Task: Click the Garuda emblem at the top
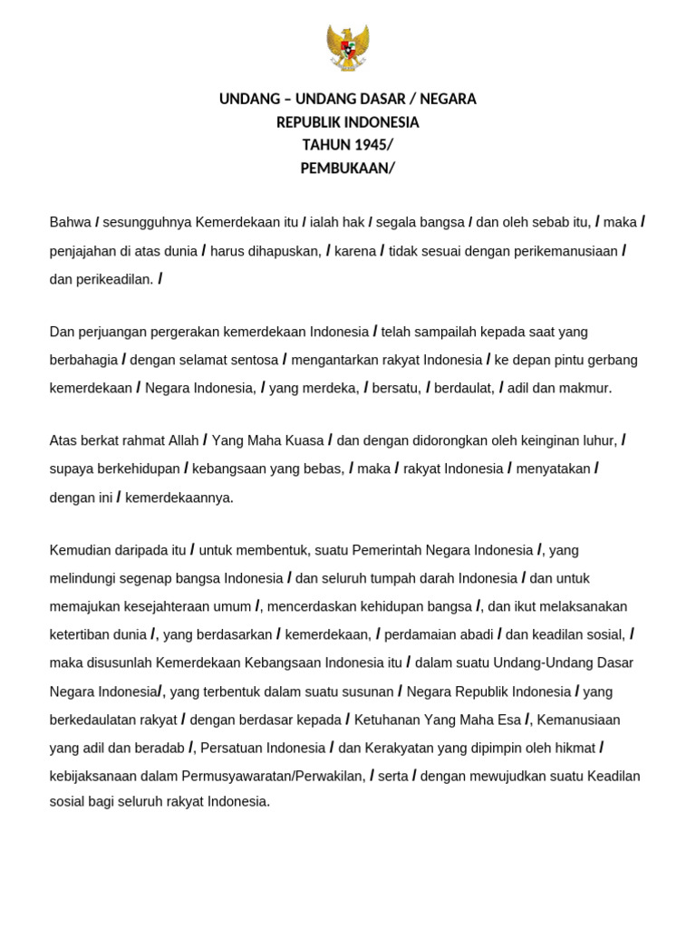(348, 48)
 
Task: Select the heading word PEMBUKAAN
(345, 168)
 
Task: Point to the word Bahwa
(70, 223)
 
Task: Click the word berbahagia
(83, 360)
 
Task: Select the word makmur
(586, 388)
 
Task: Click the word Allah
(183, 441)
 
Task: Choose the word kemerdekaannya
(179, 498)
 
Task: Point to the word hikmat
(575, 748)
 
